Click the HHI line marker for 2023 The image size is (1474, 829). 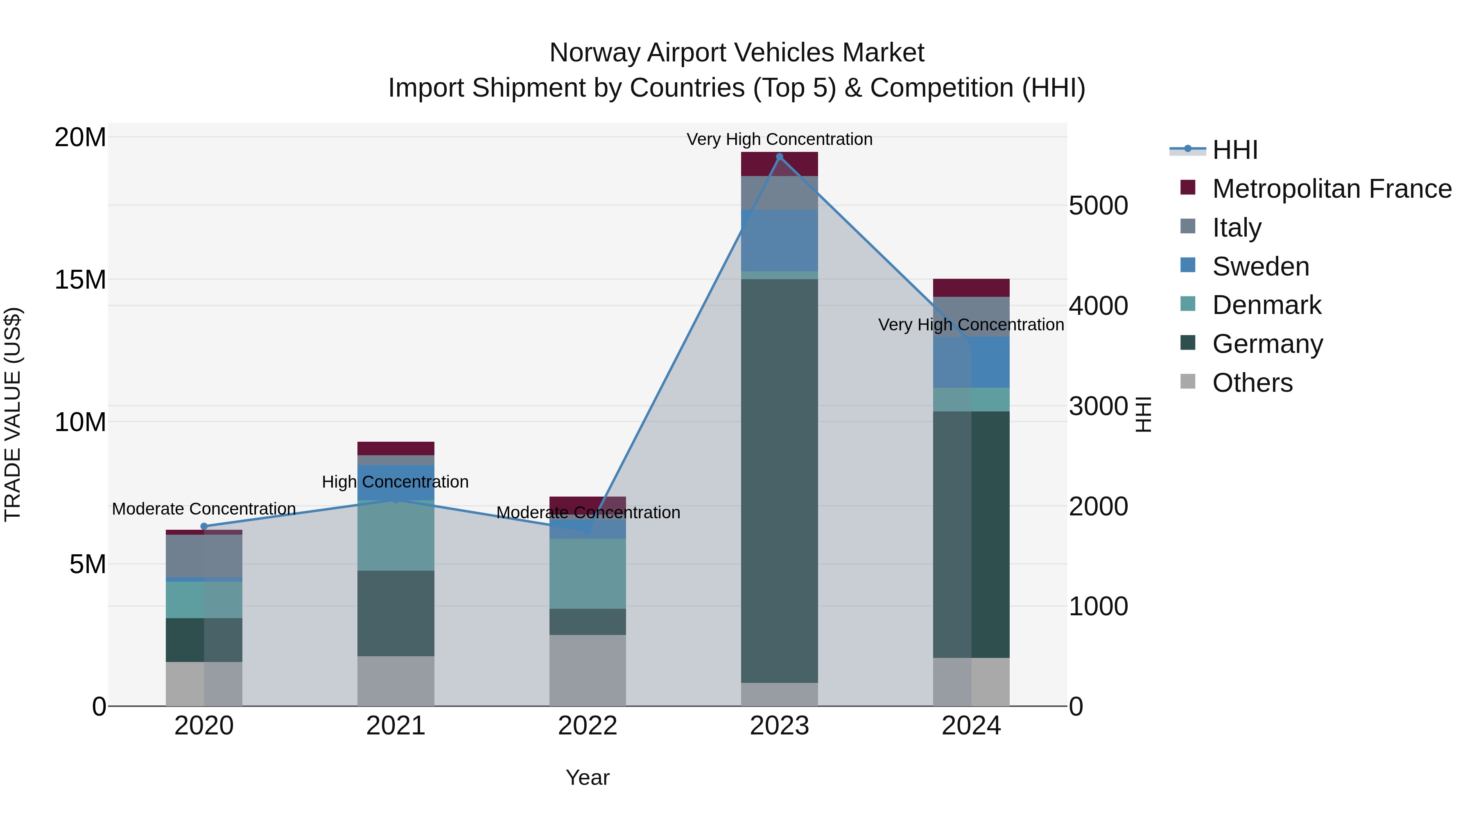click(x=779, y=157)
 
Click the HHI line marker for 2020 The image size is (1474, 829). click(x=204, y=526)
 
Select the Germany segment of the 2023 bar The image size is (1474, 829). click(x=779, y=481)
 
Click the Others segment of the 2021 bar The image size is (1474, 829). click(x=396, y=681)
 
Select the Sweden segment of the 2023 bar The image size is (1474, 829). click(x=779, y=240)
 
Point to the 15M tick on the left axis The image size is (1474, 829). click(x=80, y=280)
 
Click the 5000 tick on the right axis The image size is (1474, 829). click(x=1098, y=206)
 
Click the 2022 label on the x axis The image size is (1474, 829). click(x=587, y=726)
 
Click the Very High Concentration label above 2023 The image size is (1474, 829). click(x=779, y=139)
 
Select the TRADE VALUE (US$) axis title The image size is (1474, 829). click(x=13, y=414)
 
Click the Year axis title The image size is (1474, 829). click(x=587, y=777)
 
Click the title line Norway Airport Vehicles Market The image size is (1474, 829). click(x=737, y=53)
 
